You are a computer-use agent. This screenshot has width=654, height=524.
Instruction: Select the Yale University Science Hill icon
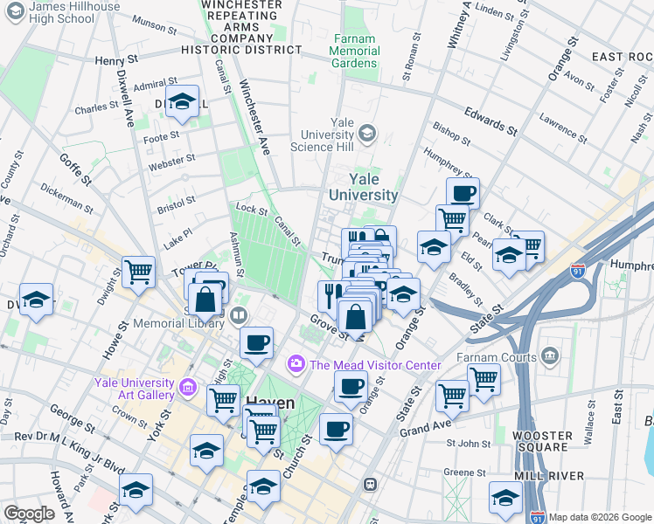366,134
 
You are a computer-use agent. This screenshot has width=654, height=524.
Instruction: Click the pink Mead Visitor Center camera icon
296,363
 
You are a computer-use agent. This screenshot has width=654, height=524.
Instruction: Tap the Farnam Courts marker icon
550,355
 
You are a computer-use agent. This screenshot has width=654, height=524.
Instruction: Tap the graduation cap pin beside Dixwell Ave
182,103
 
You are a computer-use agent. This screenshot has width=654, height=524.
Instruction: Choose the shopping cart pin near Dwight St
138,273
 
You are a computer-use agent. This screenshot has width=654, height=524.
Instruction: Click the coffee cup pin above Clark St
463,193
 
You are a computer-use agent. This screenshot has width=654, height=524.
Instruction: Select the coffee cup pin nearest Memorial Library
256,343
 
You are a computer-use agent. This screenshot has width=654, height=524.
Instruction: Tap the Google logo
29,514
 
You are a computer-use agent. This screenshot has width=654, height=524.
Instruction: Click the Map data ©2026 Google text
600,517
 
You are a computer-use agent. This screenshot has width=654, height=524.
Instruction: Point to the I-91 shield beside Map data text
539,516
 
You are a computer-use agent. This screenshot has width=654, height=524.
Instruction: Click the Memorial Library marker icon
239,314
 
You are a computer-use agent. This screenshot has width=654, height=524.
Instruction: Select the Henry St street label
116,60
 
